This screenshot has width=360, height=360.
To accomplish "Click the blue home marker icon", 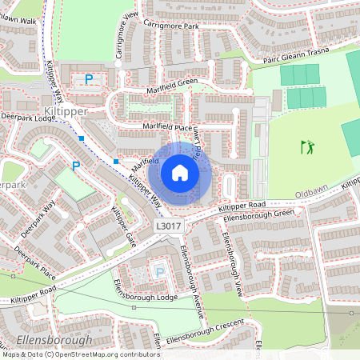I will coord(180,173).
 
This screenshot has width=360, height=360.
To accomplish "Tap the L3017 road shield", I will coord(169,226).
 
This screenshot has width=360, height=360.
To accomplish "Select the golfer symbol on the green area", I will coord(308,146).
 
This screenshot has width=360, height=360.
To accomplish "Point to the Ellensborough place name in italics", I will coord(48,341).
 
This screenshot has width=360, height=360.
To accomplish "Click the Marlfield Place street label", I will coord(168,127).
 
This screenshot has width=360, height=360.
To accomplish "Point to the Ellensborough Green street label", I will coord(259,214).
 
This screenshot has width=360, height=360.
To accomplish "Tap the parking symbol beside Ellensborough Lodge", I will coord(159,272).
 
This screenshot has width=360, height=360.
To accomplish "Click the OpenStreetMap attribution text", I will coord(80,354).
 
